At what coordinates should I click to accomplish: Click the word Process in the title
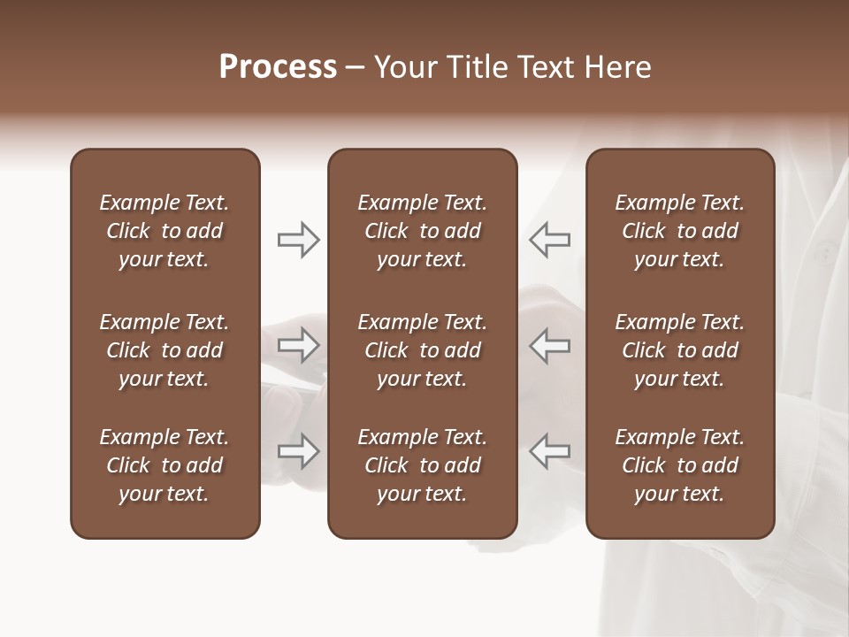[278, 66]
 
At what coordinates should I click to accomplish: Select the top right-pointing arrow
[298, 239]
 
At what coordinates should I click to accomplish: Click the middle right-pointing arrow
[298, 345]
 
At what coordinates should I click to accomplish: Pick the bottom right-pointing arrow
[298, 451]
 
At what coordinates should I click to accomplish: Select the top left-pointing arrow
[549, 239]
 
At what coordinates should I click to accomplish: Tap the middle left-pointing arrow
[549, 345]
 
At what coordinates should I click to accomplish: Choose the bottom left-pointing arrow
[549, 451]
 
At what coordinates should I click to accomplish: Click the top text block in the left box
[164, 231]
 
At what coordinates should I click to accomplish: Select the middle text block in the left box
[164, 350]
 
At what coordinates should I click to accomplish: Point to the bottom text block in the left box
[164, 465]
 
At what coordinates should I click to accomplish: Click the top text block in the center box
[422, 231]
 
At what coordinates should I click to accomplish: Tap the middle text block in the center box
[422, 350]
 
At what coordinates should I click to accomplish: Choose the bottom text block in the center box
[422, 465]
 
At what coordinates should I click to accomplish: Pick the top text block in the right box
[679, 231]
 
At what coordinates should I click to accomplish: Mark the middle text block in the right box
[679, 350]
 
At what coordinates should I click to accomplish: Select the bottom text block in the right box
[679, 465]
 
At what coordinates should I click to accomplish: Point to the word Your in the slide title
[403, 66]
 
